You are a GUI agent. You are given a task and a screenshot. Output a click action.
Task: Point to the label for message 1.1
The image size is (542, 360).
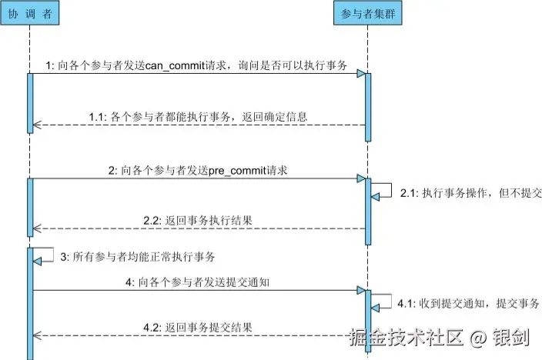click(x=198, y=117)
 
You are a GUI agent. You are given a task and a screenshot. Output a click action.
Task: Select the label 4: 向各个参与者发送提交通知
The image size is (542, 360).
click(x=197, y=282)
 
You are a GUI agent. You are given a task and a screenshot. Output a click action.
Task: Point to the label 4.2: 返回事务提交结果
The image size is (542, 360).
click(x=198, y=327)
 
